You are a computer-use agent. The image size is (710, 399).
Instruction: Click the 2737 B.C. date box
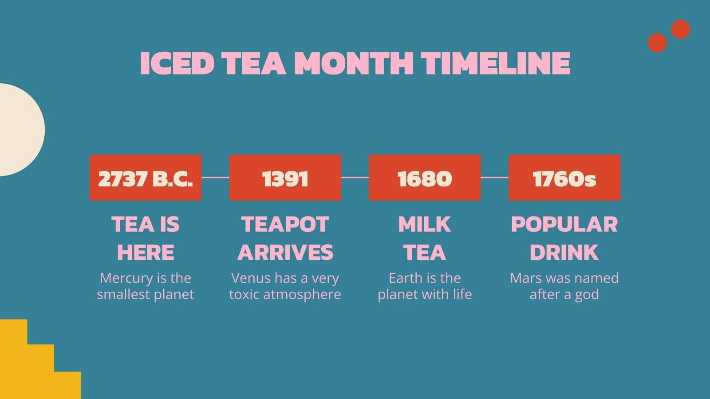(x=146, y=178)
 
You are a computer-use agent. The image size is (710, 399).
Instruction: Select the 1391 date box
(x=285, y=178)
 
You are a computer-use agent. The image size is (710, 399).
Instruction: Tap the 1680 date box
(x=425, y=178)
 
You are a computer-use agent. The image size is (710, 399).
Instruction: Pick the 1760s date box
(x=564, y=178)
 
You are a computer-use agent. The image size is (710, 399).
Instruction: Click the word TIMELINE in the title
(x=496, y=63)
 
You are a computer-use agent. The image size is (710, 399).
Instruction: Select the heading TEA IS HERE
(x=146, y=238)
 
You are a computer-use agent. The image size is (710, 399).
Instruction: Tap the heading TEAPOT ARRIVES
(x=285, y=238)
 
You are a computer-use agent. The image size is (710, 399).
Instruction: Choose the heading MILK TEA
(x=425, y=238)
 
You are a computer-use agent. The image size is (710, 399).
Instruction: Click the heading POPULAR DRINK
(x=564, y=238)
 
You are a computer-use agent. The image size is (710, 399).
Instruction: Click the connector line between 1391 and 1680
(x=355, y=177)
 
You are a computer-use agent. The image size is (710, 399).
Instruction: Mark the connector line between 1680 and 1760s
(x=494, y=177)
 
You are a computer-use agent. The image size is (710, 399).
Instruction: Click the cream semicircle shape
(x=20, y=129)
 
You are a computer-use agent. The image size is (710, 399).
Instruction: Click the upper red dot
(x=680, y=29)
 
